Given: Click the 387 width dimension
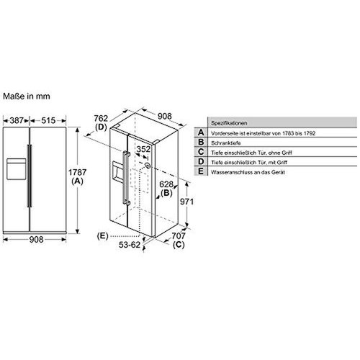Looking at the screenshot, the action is click(x=17, y=120).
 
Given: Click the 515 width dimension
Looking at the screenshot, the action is click(x=48, y=120).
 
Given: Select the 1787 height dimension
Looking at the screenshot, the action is click(x=77, y=172).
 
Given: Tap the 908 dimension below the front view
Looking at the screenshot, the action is click(x=37, y=239).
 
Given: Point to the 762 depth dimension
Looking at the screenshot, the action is click(x=101, y=118).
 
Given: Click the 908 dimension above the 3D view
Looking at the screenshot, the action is click(x=165, y=116).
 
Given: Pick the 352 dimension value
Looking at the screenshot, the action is click(x=143, y=149).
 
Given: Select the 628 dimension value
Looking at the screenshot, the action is click(x=166, y=184).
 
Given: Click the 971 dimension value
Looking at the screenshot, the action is click(x=186, y=202).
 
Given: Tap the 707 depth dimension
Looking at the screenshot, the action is click(x=179, y=236).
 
